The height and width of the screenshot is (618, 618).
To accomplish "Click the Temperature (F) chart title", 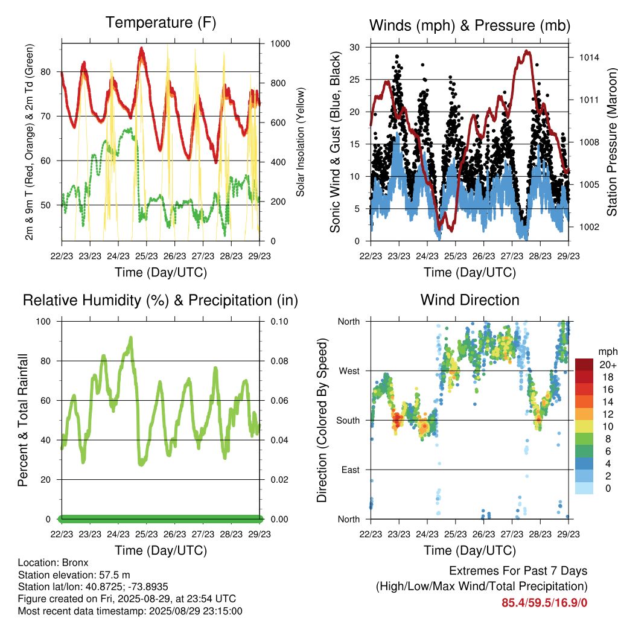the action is point(161,23).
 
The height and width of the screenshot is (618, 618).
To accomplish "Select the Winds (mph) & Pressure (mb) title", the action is point(470,25).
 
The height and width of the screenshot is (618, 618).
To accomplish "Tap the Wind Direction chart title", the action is point(470,300).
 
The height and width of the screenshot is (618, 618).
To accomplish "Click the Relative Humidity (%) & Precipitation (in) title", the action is point(161,301).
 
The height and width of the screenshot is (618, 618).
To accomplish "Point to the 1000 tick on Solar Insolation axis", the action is point(280,43).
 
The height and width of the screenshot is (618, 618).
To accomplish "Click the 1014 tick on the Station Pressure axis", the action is point(589,57).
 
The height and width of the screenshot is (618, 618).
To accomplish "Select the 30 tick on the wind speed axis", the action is point(355,47).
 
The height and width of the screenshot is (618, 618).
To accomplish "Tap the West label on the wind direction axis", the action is point(349,371).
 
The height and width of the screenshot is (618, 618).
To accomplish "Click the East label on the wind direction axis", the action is point(351,470).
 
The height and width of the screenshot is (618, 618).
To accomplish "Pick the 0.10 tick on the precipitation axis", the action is point(279,322).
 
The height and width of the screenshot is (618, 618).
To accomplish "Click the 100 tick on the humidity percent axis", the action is point(43,322).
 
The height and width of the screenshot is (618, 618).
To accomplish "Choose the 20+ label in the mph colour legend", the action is point(607,365).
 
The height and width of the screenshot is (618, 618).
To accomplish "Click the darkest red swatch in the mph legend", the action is point(584,365).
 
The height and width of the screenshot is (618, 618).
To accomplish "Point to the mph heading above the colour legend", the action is point(607,352).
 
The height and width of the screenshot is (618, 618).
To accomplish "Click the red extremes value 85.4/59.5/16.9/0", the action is point(544,603).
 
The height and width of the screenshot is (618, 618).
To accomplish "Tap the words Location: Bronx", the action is point(53,562).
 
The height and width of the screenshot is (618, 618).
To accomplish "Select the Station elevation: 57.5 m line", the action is point(74,575).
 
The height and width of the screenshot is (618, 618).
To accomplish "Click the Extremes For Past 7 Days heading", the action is point(518,571).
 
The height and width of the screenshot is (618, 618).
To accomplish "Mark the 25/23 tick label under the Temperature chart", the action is point(146,256).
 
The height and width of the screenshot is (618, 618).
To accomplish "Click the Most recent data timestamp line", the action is point(130,611).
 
